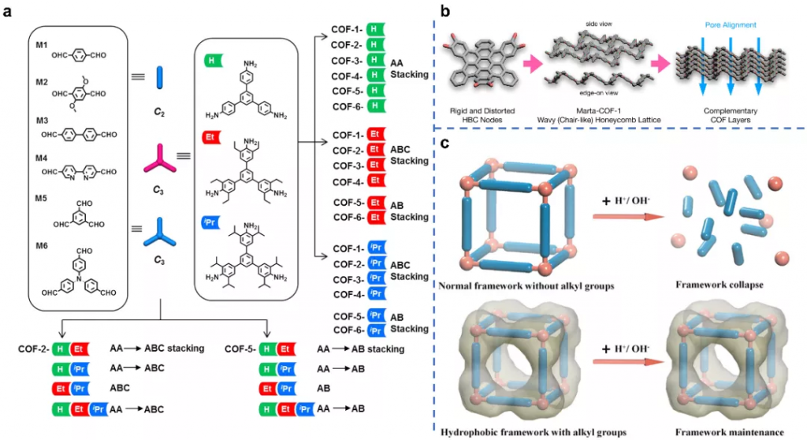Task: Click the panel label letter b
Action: pyautogui.click(x=446, y=12)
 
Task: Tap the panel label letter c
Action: pyautogui.click(x=446, y=145)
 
